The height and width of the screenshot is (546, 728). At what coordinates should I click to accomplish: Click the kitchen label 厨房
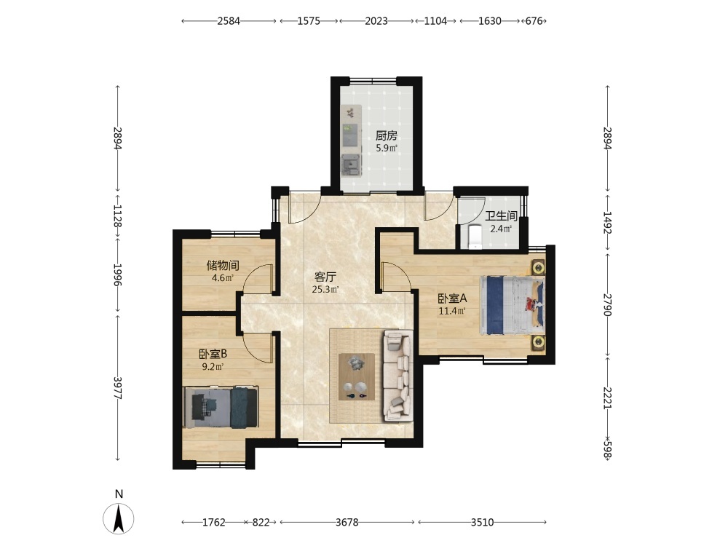point(387,135)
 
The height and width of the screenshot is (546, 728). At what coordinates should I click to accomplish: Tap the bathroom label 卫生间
point(502,216)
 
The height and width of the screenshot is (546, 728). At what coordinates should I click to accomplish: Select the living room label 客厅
point(325,277)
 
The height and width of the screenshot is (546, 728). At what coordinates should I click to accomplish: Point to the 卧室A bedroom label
point(452,298)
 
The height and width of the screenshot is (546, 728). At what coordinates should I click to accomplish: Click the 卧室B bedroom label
point(213,355)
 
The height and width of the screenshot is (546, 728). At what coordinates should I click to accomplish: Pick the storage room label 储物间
point(223,266)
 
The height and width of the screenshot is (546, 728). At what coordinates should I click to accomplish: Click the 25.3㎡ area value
point(325,290)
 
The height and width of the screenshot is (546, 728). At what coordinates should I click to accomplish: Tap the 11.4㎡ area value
point(452,311)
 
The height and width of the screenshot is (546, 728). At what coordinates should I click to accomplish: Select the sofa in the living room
point(398,376)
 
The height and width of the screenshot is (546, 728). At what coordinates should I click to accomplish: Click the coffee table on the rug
point(357,376)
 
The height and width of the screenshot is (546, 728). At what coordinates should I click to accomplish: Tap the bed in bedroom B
point(221,407)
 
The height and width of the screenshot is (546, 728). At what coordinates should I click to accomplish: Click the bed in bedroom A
point(512,305)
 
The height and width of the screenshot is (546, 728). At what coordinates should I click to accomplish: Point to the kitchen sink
point(351,165)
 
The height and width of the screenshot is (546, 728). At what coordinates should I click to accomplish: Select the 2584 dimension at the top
point(229,21)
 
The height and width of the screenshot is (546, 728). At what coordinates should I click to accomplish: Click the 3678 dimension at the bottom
point(347,522)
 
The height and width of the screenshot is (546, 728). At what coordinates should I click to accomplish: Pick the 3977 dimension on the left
point(118,388)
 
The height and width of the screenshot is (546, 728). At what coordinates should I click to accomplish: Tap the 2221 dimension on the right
point(607,398)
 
